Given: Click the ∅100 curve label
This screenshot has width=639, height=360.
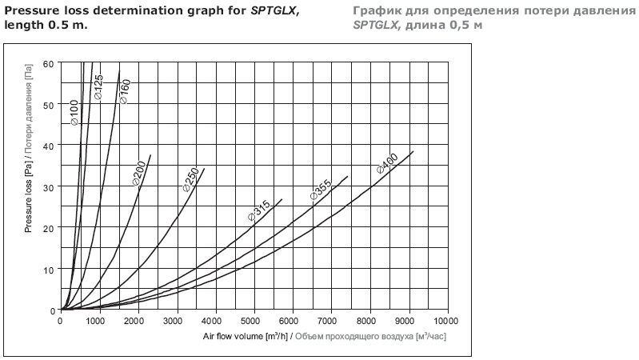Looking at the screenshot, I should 74,113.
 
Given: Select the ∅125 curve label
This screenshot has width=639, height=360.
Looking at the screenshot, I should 98,86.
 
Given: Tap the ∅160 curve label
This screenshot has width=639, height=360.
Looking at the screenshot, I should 125,91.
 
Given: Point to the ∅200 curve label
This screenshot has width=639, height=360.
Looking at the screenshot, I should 138,174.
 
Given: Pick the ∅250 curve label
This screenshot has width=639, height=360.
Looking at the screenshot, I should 190,179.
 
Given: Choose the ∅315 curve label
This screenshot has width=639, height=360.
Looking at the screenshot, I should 258,212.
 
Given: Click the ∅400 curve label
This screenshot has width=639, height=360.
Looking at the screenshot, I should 387,166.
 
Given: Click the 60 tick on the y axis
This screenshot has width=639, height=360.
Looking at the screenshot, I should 49,62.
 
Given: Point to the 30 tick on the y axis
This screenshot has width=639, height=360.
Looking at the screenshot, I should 49,186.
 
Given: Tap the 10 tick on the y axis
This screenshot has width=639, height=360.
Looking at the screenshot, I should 49,269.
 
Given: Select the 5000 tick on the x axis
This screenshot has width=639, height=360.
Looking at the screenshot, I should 254,322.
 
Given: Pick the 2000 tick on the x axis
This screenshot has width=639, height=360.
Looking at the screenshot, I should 138,322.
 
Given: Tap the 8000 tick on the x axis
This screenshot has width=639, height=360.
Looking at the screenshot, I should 369,322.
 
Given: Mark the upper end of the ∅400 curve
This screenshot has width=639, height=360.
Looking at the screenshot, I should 413,151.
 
